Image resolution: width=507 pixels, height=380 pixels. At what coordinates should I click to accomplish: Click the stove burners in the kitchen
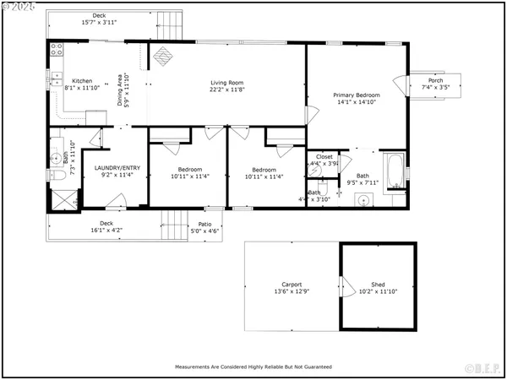(x=57, y=50)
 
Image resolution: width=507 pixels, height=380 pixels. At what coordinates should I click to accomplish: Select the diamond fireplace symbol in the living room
(x=163, y=56)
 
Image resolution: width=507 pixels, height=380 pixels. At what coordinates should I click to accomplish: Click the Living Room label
(x=226, y=82)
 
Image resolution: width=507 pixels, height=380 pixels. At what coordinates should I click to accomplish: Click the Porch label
(x=436, y=81)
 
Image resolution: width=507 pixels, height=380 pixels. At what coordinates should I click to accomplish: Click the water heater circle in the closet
(x=314, y=170)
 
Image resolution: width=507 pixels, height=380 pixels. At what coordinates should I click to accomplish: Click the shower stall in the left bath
(x=61, y=199)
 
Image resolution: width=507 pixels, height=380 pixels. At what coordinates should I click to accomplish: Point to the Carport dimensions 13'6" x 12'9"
(x=292, y=290)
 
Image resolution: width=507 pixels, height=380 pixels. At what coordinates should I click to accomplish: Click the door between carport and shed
(x=341, y=287)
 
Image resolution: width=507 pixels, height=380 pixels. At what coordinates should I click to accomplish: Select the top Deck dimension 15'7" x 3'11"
(x=100, y=22)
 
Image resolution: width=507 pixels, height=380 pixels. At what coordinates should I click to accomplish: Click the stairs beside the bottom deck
(x=173, y=225)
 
